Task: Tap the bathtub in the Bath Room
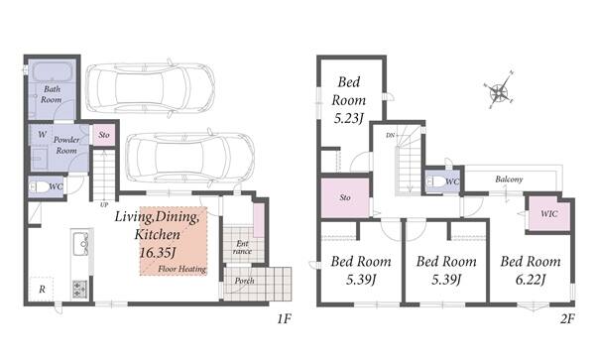(x=52, y=71)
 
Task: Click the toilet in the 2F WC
(x=435, y=181)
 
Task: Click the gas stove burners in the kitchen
(x=79, y=289)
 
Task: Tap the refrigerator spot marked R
(x=42, y=289)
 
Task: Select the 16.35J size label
(x=158, y=253)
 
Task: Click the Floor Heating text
(x=182, y=269)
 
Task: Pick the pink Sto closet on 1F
(x=104, y=135)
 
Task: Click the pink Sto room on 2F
(x=345, y=197)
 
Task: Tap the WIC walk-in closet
(x=549, y=214)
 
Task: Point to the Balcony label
(x=509, y=180)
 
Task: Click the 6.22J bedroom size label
(x=531, y=280)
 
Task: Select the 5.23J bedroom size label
(x=349, y=118)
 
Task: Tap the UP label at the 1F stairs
(x=104, y=205)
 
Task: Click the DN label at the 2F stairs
(x=390, y=135)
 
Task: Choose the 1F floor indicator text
(x=284, y=319)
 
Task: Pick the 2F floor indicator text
(x=567, y=319)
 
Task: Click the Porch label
(x=244, y=281)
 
